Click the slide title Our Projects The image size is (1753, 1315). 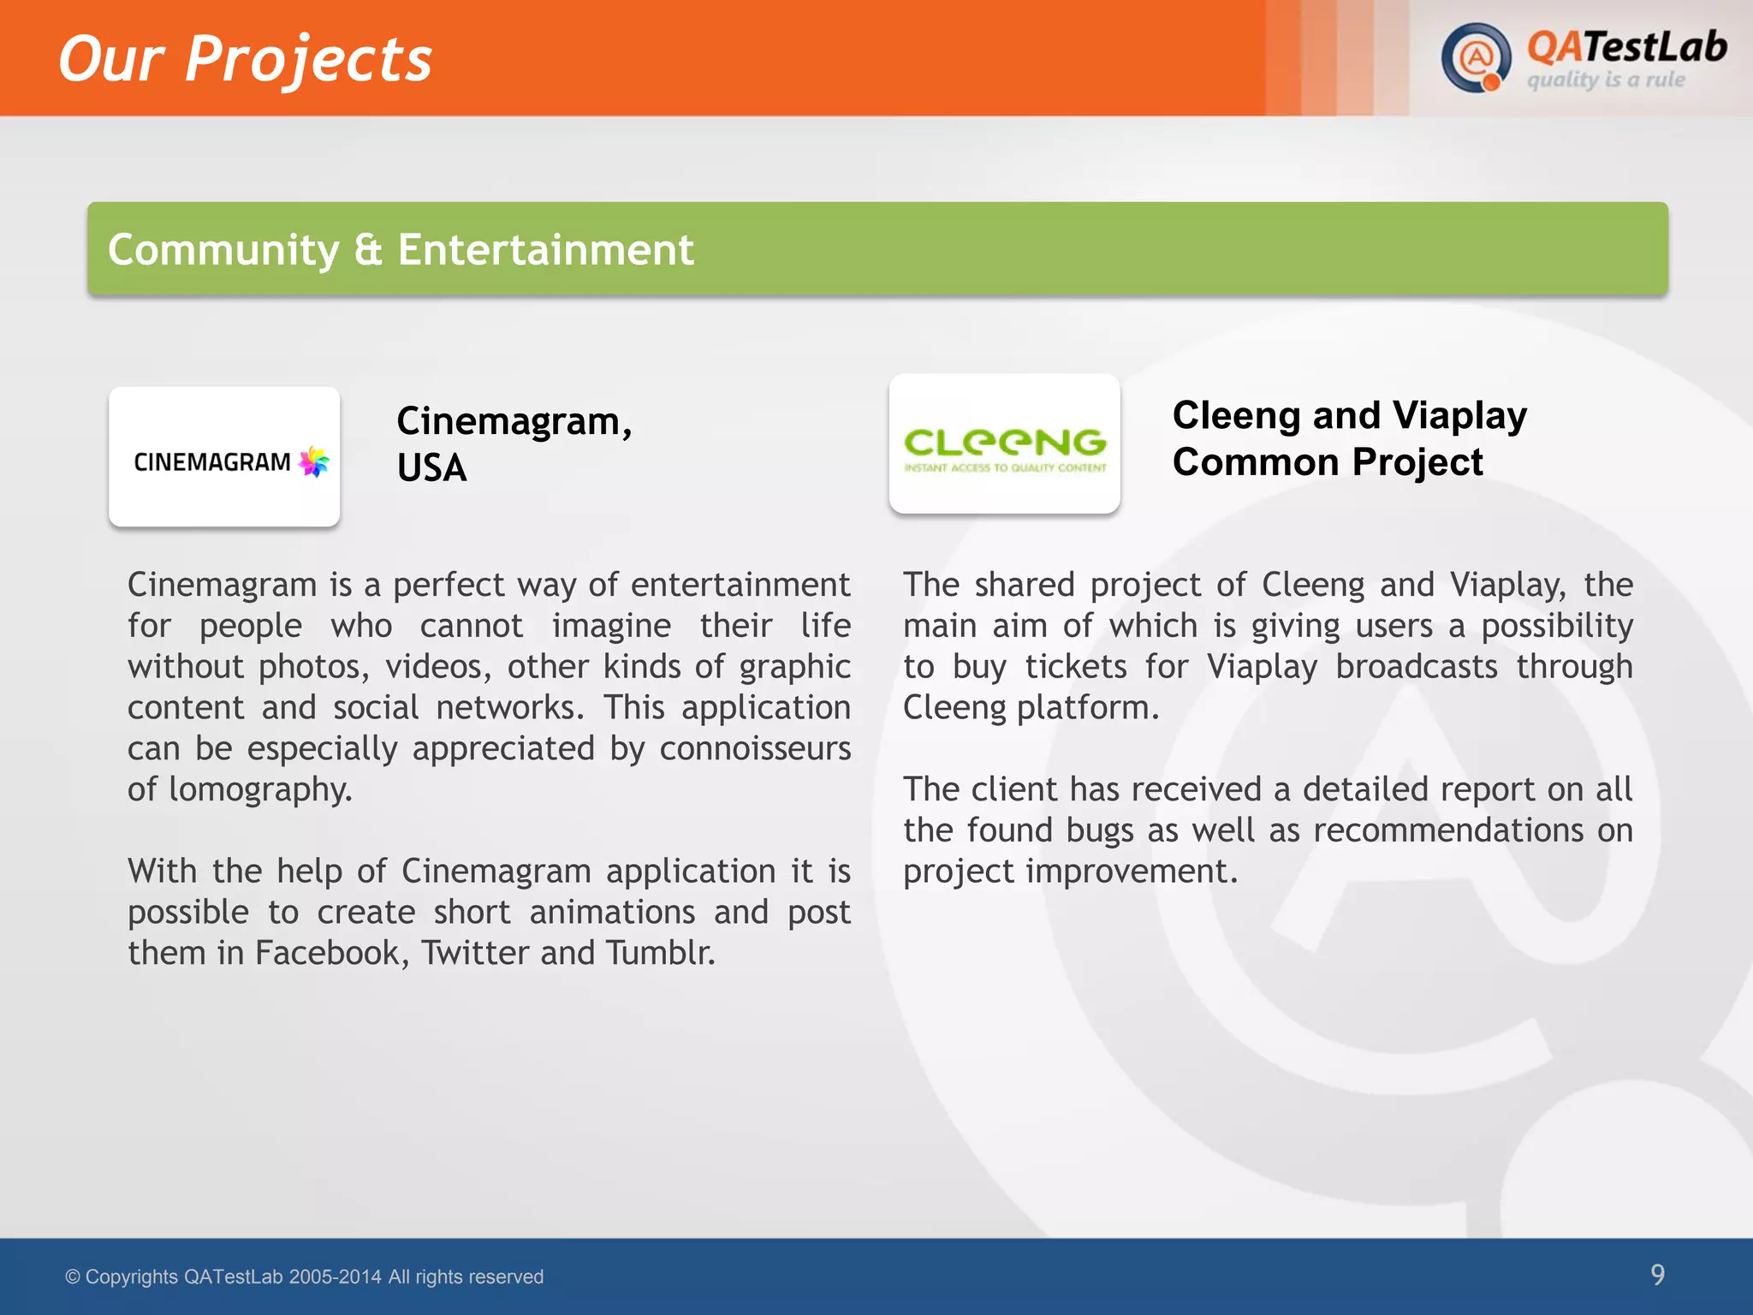pos(246,59)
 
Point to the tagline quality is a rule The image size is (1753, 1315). pos(1606,80)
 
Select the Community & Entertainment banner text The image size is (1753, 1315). pos(401,250)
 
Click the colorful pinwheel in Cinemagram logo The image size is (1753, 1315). pos(314,461)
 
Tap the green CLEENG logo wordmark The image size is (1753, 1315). pos(1005,442)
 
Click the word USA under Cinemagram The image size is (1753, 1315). pos(432,468)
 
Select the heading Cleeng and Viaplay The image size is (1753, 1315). pos(1350,415)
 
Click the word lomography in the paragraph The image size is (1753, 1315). pos(260,789)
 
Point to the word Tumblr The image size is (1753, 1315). pos(660,953)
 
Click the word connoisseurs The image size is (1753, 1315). pos(755,748)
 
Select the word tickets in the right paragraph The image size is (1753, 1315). pos(1076,667)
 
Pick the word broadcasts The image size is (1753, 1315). pos(1417,667)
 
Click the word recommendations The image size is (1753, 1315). pos(1448,830)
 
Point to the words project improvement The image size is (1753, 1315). pos(1070,872)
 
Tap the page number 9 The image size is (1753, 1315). pos(1657,1275)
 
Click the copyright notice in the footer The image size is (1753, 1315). pos(305,1277)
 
